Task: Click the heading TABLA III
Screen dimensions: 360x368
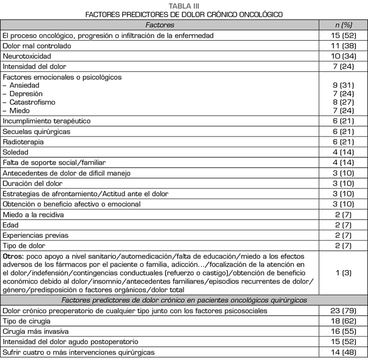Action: [183, 5]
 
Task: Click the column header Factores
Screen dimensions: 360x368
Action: [160, 25]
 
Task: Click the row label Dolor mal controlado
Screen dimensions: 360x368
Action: [36, 46]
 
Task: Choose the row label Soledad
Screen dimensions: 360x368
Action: [16, 152]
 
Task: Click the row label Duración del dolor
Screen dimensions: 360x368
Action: [32, 183]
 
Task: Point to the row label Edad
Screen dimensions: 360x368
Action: [11, 225]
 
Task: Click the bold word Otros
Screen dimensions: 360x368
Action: [13, 256]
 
